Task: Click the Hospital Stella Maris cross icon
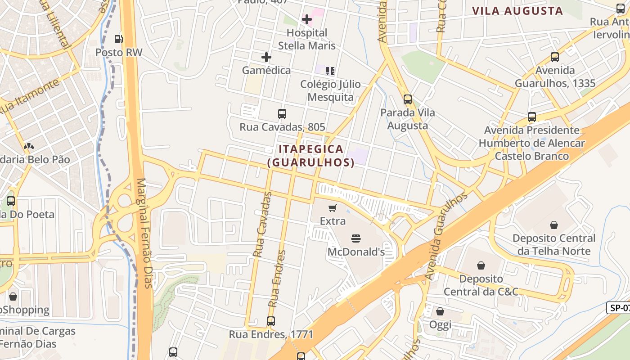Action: coord(307,19)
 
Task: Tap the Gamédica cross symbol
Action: coord(266,57)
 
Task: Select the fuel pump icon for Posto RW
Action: coord(118,39)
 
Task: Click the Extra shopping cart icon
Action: coord(333,207)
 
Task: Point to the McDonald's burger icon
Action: coord(356,238)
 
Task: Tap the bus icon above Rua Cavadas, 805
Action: coord(282,114)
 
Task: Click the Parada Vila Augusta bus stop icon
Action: coord(408,99)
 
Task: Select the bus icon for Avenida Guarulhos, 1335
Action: coord(555,57)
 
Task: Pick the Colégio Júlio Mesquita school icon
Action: coord(331,71)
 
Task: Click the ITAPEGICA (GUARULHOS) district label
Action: coord(311,156)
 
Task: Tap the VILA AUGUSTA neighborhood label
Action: coord(517,11)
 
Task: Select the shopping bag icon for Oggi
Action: coord(440,311)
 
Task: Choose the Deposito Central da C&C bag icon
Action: coord(481,265)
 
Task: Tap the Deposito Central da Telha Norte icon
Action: coord(554,225)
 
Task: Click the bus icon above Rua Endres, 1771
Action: coord(271,321)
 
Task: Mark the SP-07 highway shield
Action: coord(619,308)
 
